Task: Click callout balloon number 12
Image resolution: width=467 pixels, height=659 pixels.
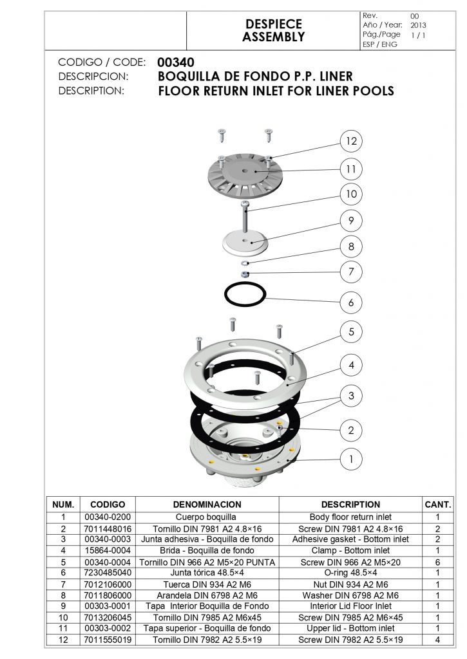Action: click(x=351, y=141)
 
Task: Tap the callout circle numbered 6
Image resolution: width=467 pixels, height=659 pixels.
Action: click(x=351, y=302)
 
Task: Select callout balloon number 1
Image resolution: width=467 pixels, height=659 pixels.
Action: click(x=351, y=459)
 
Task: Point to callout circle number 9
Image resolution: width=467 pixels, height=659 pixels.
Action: click(x=351, y=221)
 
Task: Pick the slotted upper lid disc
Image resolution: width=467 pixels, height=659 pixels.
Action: click(x=245, y=175)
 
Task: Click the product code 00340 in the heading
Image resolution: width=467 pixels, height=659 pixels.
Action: click(x=176, y=62)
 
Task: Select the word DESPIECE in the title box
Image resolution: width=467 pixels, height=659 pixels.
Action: click(x=274, y=24)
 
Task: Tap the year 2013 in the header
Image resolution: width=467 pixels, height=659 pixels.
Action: click(x=418, y=25)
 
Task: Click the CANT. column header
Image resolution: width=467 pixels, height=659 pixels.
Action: click(x=438, y=505)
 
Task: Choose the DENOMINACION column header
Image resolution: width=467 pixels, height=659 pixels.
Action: click(x=207, y=505)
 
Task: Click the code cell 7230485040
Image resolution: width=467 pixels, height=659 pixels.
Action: click(x=108, y=573)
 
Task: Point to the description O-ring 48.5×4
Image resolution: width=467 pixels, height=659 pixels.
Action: click(x=350, y=573)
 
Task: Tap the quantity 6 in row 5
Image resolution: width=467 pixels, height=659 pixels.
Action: click(x=437, y=562)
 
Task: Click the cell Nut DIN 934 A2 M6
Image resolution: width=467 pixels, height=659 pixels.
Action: click(x=350, y=584)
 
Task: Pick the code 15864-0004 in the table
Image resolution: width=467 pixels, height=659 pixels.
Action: click(x=108, y=551)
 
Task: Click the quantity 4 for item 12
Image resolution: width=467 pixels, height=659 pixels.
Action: click(x=437, y=640)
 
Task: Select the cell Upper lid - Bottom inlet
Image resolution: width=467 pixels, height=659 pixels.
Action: click(x=350, y=628)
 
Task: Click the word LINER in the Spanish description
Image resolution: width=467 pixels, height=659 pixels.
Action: click(x=336, y=77)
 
